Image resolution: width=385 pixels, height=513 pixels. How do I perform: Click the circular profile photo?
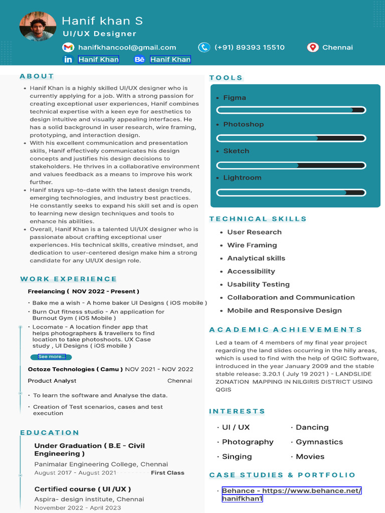pos(38,26)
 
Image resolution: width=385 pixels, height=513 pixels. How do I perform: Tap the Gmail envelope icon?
pos(68,48)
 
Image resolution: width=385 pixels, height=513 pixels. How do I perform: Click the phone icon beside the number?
pos(204,48)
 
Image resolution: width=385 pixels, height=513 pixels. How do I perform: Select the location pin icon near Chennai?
pos(313,48)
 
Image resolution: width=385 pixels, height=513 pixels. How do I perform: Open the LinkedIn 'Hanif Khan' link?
pos(98,60)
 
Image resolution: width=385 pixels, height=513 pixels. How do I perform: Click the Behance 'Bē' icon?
pos(139,60)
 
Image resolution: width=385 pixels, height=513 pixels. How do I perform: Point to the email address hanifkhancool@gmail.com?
pos(127,48)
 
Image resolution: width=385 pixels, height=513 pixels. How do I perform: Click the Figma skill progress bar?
pos(291,110)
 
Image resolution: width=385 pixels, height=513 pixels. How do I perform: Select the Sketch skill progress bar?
pos(291,165)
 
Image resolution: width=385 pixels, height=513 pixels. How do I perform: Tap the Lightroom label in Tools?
pos(242,178)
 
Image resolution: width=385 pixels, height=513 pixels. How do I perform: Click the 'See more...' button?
pos(51,357)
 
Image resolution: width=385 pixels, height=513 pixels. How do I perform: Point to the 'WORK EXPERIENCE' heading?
pos(69,279)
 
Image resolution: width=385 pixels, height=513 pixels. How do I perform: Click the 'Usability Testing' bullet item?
pos(258,285)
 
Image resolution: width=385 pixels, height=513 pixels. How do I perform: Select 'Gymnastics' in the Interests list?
pos(319,442)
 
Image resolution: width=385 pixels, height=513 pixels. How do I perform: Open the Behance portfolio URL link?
pos(292,494)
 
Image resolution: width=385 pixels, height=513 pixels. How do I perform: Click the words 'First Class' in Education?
pos(167,473)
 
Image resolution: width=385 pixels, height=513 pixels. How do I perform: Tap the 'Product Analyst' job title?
pos(52,381)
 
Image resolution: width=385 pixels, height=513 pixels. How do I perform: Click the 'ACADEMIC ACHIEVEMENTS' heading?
pos(285,330)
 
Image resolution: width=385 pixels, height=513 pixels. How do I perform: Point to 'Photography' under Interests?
pos(248,442)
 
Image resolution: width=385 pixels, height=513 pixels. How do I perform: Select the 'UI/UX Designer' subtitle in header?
pos(99,34)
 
